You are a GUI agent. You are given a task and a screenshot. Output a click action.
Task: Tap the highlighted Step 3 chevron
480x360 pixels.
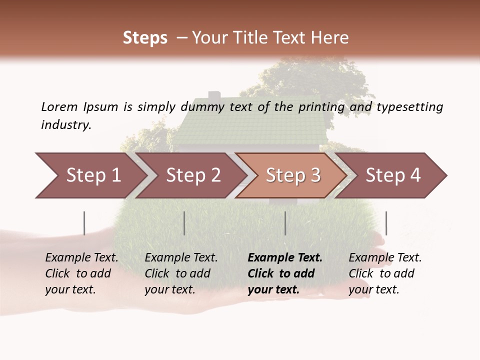(292, 175)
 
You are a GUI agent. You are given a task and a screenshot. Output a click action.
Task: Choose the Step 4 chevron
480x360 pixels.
(392, 175)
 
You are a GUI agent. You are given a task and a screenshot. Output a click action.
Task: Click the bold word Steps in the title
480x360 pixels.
(145, 38)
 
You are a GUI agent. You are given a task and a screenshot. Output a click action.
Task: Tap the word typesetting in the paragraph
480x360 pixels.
(409, 107)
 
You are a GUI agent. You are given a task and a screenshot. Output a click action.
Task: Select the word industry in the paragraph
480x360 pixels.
(65, 125)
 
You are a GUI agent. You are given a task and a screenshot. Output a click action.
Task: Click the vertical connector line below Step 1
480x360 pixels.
(84, 223)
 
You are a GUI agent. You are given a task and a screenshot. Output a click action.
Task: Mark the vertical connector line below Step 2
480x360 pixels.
(184, 223)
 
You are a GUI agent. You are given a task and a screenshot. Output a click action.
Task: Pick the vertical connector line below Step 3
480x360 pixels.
(285, 223)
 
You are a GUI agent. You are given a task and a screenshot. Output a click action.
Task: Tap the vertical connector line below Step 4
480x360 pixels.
(386, 223)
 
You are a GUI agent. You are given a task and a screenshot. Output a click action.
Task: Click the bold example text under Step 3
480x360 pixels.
(284, 273)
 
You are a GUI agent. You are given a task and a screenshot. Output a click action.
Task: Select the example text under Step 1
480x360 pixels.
(81, 273)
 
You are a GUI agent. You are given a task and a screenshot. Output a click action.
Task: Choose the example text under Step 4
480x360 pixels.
(384, 273)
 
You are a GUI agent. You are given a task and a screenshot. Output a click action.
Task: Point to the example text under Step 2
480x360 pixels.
(180, 273)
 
